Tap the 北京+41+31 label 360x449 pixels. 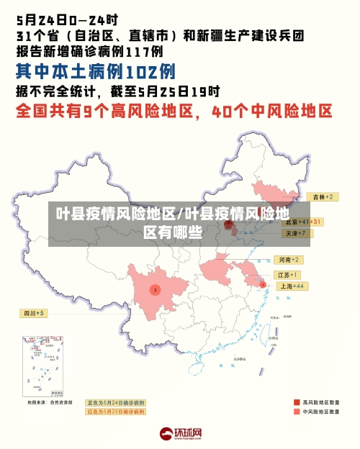[303, 222]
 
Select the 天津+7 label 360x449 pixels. [294, 233]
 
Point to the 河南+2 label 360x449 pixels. [289, 259]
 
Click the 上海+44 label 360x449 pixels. [292, 286]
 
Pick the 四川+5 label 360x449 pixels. [33, 313]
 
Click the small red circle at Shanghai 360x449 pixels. [262, 285]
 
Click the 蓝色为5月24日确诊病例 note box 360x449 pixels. [115, 402]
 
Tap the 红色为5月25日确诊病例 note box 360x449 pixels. [115, 412]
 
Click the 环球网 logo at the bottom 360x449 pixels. [180, 435]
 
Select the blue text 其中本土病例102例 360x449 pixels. [96, 72]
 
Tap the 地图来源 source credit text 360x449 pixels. [50, 403]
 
